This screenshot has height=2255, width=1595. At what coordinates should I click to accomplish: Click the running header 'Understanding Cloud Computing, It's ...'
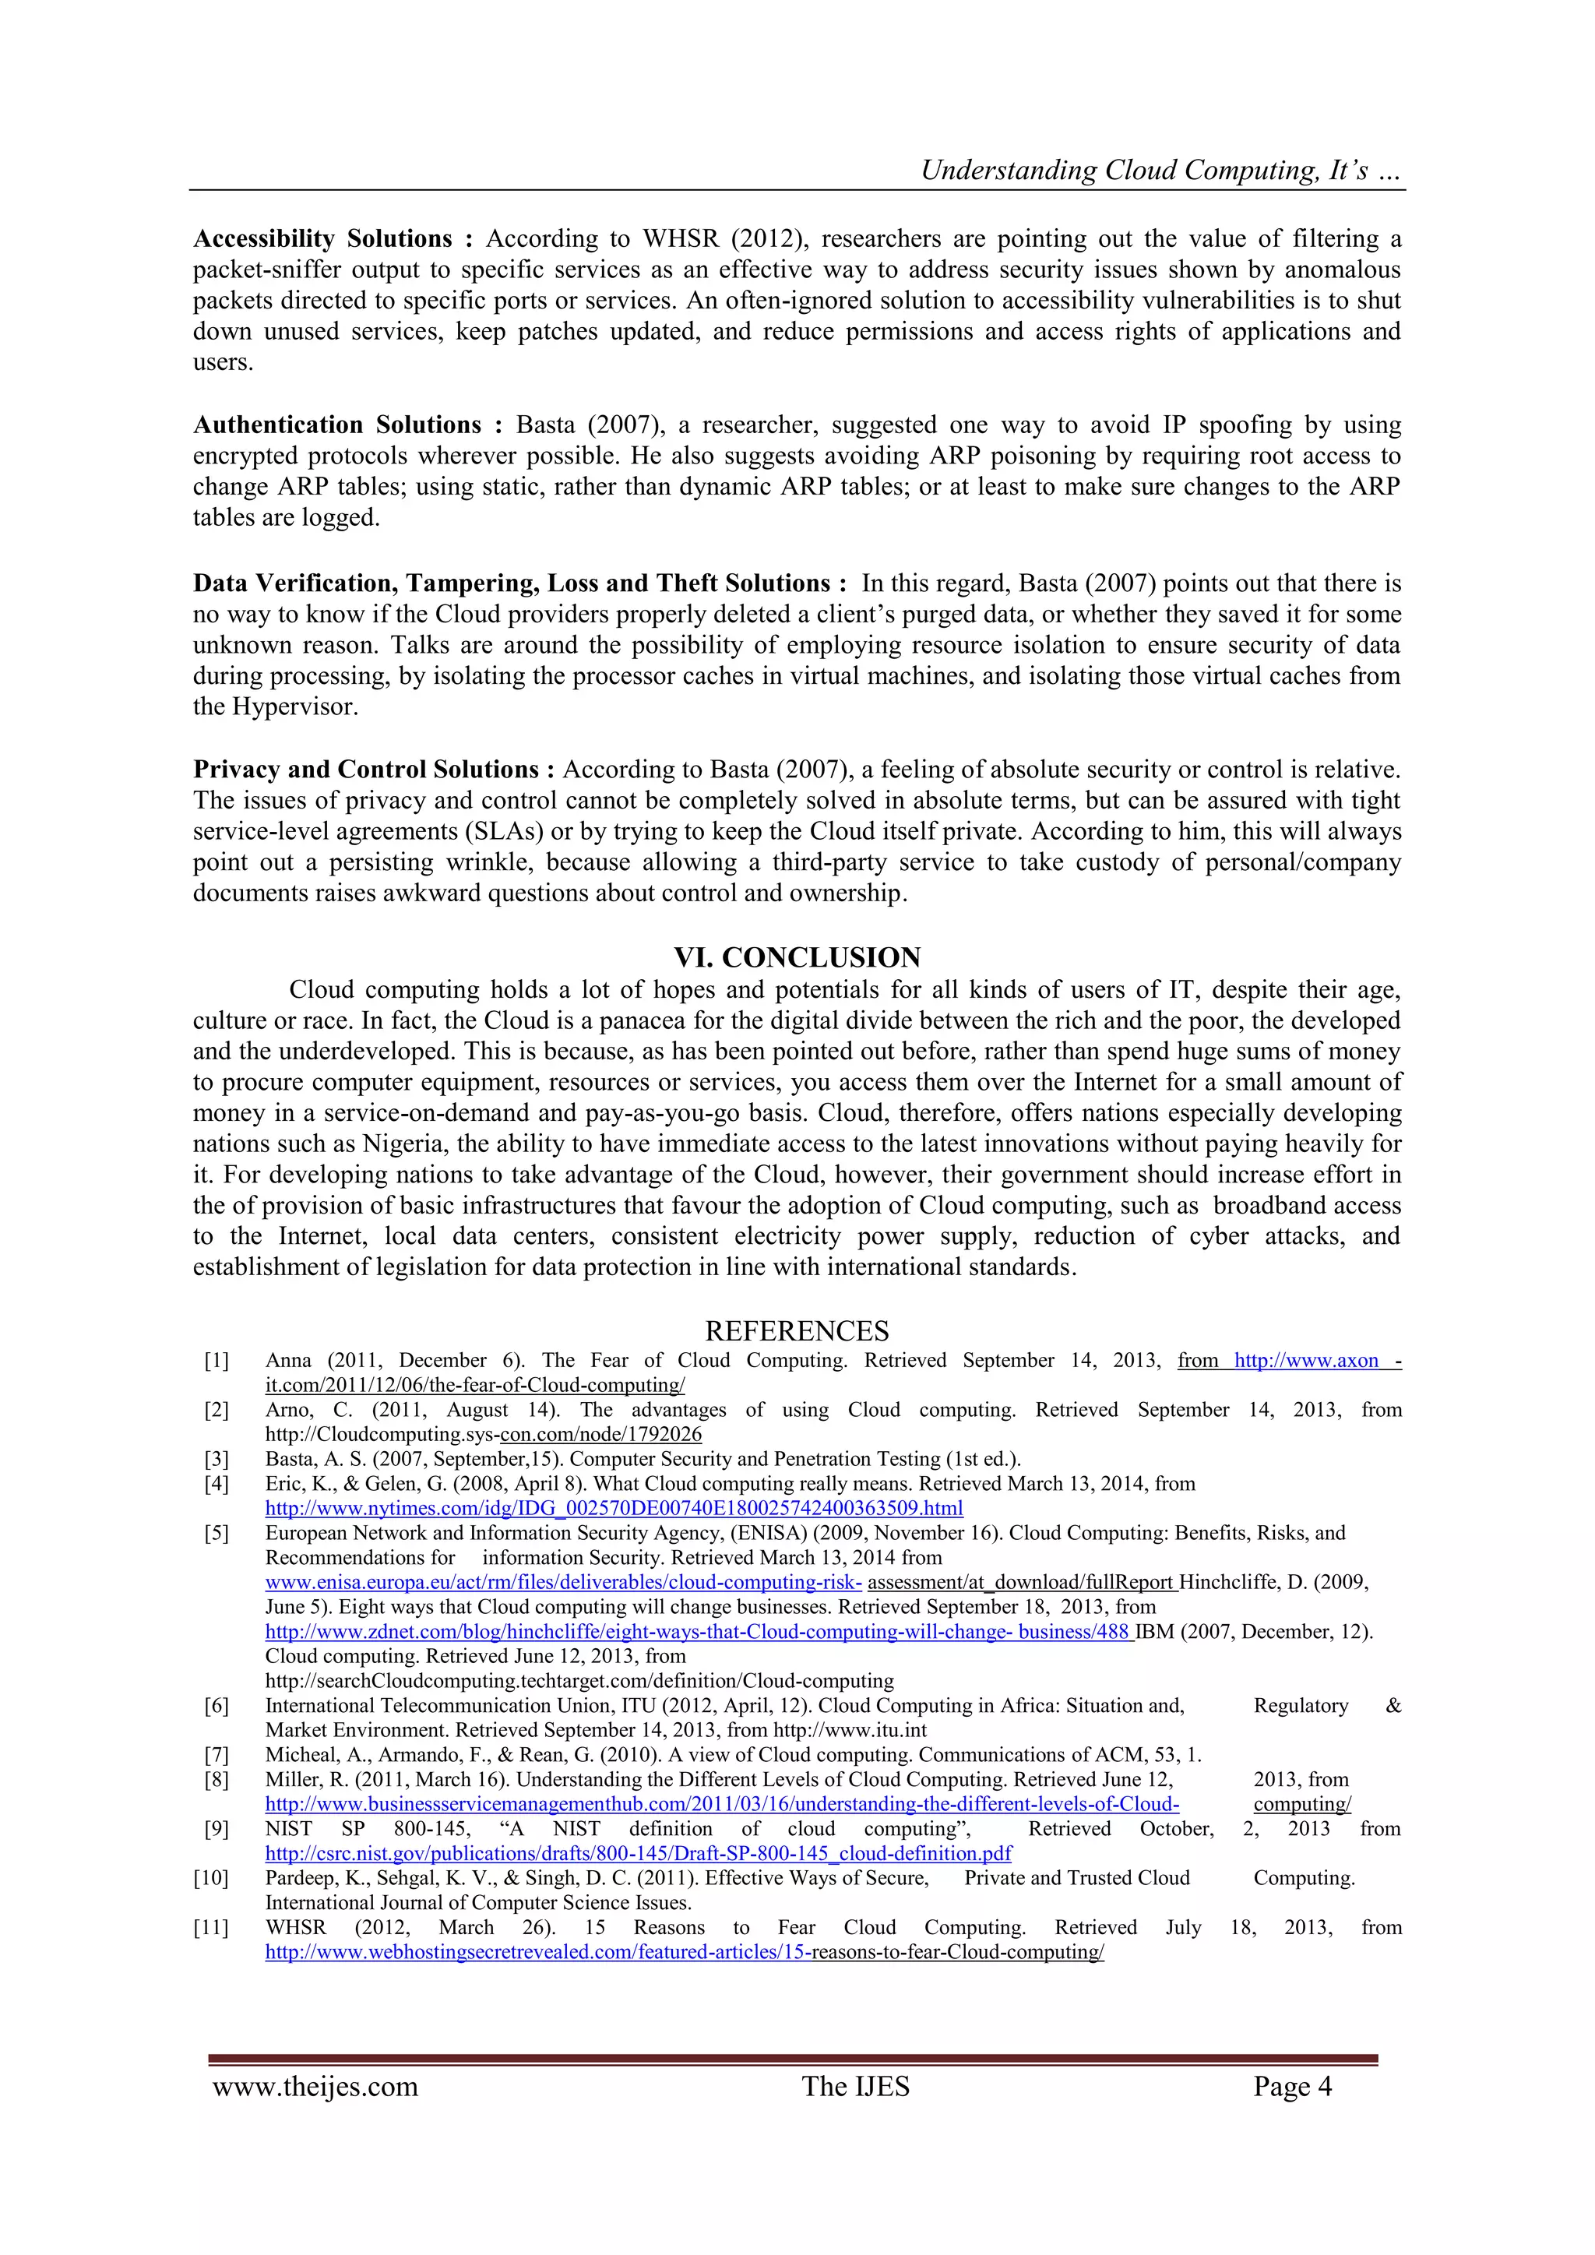(1161, 171)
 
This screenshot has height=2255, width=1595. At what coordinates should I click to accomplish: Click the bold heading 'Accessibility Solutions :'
(333, 238)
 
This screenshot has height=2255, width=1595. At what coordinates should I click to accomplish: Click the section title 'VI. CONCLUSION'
(797, 957)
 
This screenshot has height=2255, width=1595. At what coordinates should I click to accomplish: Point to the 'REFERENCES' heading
(797, 1331)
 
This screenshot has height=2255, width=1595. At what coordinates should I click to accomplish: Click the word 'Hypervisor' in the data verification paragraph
(292, 707)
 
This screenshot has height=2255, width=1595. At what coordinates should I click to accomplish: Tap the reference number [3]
(216, 1460)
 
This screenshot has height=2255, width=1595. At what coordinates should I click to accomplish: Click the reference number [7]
(216, 1755)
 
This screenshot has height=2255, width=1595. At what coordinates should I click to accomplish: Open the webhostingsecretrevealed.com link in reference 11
(685, 1953)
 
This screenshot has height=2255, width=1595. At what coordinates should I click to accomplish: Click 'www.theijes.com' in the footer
(315, 2086)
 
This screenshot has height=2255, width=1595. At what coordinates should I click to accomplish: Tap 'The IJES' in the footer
(855, 2086)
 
